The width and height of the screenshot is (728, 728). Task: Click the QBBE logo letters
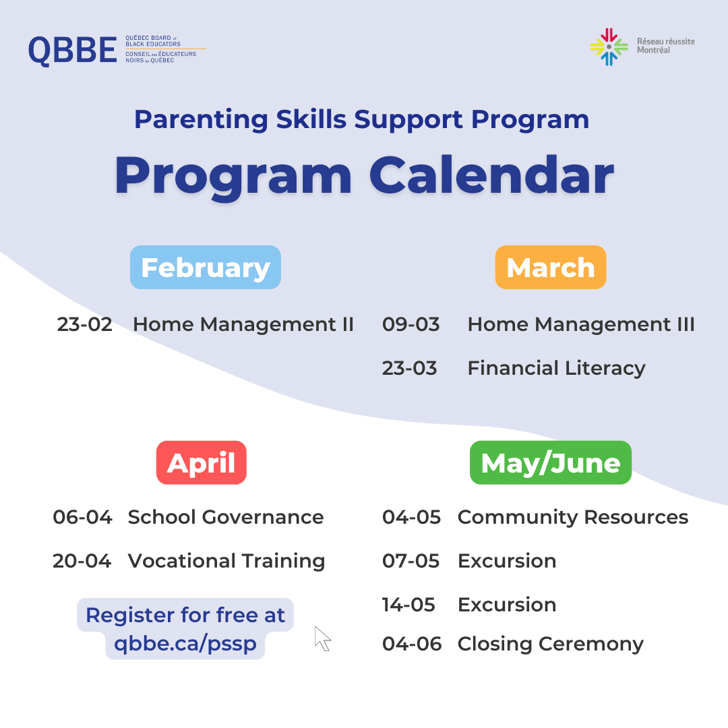72,50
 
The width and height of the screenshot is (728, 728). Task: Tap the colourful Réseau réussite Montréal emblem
609,47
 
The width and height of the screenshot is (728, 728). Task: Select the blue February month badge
205,268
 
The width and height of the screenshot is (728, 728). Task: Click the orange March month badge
551,268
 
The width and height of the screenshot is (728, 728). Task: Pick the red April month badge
202,462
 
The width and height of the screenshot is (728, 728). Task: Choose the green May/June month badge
551,462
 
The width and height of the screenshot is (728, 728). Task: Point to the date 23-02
84,324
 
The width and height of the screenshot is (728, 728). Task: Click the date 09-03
411,324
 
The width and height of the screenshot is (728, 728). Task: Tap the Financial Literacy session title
556,369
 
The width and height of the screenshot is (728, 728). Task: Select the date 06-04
83,517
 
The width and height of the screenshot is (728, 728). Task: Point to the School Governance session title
226,517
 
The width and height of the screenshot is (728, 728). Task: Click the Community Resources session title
573,518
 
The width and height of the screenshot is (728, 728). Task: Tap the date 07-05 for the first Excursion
411,561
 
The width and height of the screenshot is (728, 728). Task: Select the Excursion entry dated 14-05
507,605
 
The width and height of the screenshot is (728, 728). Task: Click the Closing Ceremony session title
551,644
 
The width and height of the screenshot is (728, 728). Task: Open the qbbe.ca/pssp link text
185,644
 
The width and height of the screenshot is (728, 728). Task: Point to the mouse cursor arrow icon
322,638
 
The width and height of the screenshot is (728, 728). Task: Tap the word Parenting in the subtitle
201,120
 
